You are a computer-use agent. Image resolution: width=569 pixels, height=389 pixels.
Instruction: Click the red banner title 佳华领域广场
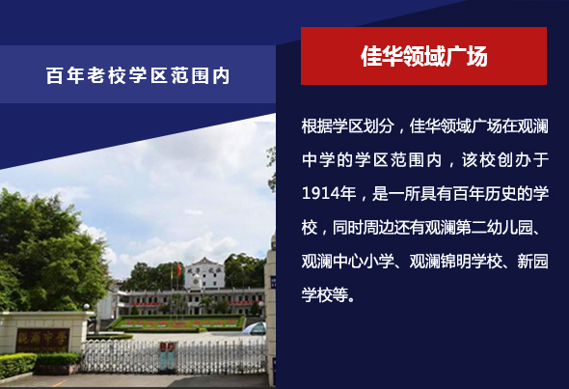point(423,56)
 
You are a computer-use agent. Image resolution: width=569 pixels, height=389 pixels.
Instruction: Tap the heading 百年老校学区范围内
point(138,75)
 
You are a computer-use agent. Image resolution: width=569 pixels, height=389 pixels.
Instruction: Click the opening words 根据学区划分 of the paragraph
point(347,126)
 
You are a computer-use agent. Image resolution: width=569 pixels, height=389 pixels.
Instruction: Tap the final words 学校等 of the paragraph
point(324,294)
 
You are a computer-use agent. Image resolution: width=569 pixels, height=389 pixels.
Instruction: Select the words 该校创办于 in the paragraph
point(505,160)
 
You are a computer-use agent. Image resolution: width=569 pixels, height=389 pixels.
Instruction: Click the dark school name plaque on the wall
point(42,340)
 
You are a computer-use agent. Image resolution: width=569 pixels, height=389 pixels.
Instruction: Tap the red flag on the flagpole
point(179,269)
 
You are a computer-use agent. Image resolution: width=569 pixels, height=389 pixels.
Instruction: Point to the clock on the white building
point(196,281)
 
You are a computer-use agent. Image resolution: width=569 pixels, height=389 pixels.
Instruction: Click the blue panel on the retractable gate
point(167,356)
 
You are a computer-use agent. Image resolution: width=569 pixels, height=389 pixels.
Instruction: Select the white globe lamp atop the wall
point(87,307)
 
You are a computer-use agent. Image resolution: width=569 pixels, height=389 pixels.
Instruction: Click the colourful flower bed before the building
point(177,322)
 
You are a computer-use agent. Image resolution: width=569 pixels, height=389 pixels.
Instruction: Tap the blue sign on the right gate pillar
point(273,282)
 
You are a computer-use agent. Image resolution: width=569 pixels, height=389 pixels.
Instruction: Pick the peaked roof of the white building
point(205,262)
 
